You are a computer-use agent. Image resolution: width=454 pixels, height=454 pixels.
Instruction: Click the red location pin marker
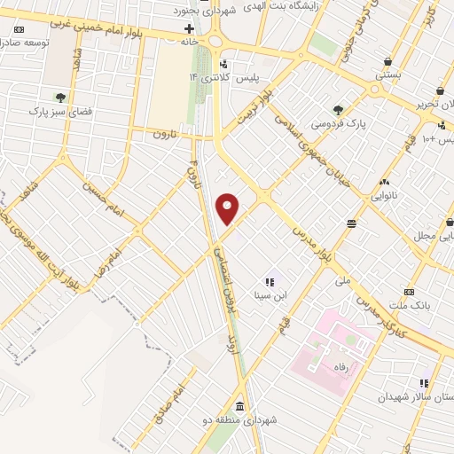[228, 208]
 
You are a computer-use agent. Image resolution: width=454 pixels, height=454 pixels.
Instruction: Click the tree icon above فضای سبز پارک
[60, 97]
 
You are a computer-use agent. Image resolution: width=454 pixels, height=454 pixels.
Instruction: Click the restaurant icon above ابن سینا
[269, 282]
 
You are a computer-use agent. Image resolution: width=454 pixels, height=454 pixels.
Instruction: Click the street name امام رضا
[108, 256]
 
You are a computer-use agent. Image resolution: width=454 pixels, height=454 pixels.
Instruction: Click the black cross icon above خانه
[188, 28]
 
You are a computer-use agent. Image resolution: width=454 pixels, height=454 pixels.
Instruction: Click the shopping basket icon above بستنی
[388, 61]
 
